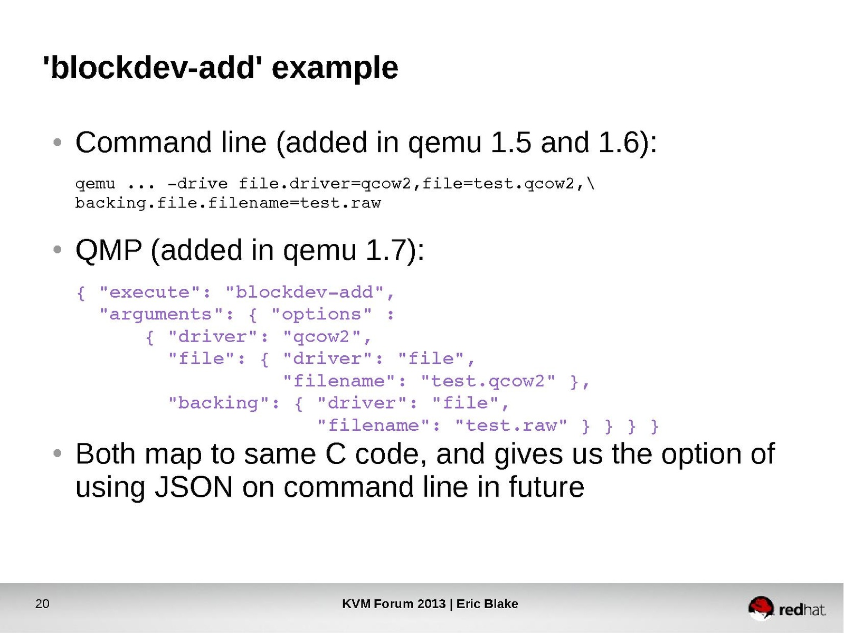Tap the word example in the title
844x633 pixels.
click(335, 69)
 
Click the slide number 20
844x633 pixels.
click(42, 604)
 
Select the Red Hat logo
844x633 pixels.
click(786, 609)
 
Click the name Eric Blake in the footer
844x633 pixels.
click(487, 604)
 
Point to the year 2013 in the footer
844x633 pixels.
click(431, 604)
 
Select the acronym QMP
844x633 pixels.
click(109, 250)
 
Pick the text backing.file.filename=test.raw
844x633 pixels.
click(228, 203)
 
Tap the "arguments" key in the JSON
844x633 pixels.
click(162, 314)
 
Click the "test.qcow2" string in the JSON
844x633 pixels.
click(488, 381)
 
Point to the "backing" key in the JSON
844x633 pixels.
click(219, 403)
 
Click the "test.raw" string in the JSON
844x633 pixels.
click(511, 425)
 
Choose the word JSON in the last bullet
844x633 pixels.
click(193, 487)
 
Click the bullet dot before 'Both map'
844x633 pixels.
click(58, 454)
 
